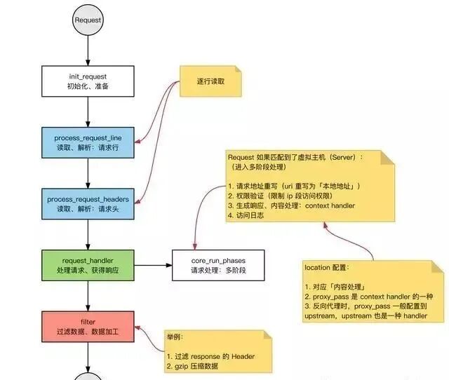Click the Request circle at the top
click(x=88, y=20)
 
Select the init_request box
click(x=88, y=81)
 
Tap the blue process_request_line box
click(x=88, y=143)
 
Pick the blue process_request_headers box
click(x=88, y=204)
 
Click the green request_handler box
click(x=88, y=265)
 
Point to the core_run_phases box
click(x=218, y=265)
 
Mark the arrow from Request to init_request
click(x=88, y=50)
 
